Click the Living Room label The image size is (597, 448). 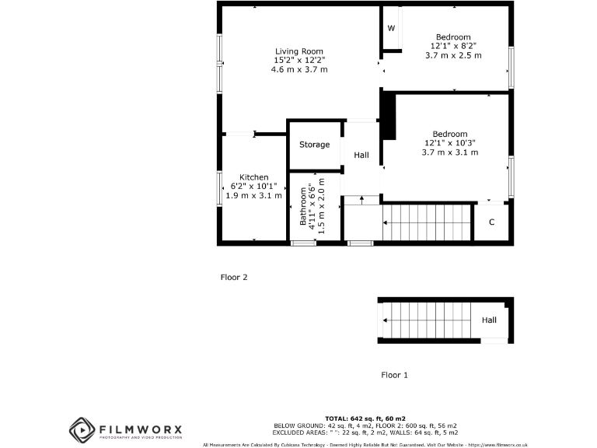tap(298, 51)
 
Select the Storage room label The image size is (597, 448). tap(315, 145)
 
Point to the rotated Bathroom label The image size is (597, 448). tap(304, 205)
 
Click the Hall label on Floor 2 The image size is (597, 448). tap(361, 156)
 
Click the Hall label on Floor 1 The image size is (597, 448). tap(489, 320)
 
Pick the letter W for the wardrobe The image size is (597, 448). tap(391, 29)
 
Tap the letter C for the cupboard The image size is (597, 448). tap(491, 222)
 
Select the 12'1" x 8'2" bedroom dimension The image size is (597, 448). tap(452, 47)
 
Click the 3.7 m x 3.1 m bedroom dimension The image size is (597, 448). tap(449, 152)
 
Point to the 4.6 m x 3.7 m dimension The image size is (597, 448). tap(298, 69)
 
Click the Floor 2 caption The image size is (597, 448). tap(234, 277)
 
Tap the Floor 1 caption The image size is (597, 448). tap(395, 375)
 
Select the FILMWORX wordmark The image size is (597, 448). tap(140, 429)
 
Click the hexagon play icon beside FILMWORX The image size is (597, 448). tap(82, 429)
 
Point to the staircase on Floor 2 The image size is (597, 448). tap(428, 223)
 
